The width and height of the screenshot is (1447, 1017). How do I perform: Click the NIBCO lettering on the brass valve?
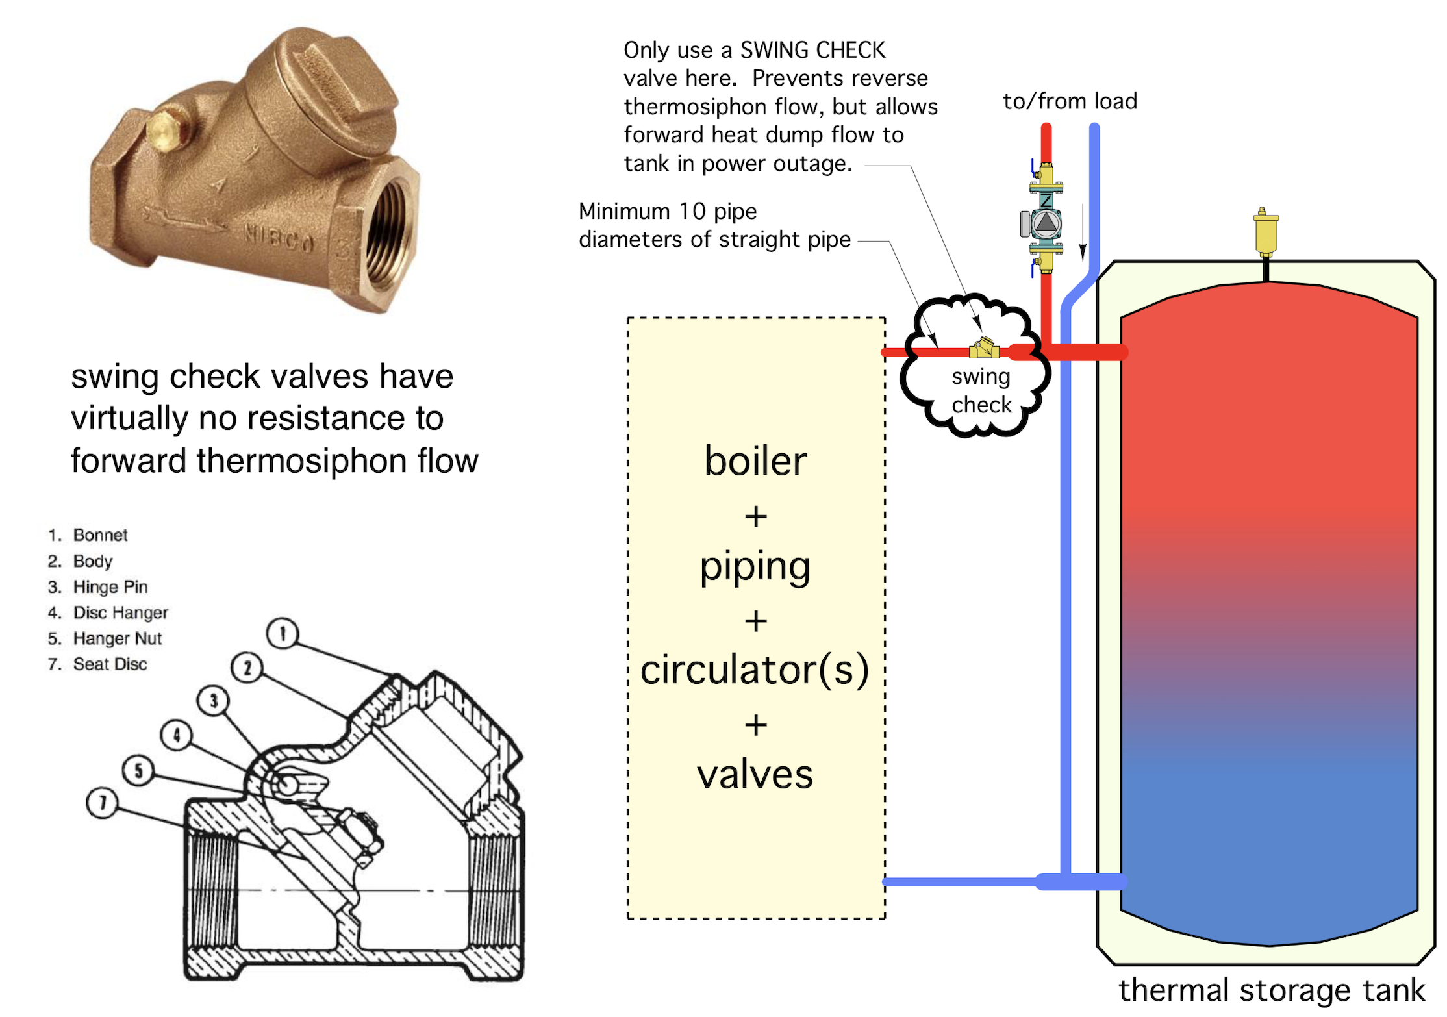pos(279,239)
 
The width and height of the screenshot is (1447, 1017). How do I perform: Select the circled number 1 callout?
pos(283,633)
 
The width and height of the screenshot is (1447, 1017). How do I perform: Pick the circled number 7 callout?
pos(102,803)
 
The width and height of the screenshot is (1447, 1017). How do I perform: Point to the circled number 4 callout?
pos(177,734)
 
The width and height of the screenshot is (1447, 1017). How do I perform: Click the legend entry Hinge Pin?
pos(110,587)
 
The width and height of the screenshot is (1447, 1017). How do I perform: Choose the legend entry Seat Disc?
pos(110,664)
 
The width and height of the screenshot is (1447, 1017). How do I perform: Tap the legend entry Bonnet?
pos(100,535)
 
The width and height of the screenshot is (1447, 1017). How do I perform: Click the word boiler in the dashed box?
pos(755,461)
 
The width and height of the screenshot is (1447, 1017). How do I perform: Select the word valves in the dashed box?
pos(755,774)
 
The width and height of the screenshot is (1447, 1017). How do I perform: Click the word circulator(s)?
pos(755,670)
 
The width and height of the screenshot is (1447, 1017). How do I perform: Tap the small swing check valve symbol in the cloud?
pos(985,349)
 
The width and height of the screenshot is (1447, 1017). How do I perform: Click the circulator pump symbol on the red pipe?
pos(1046,224)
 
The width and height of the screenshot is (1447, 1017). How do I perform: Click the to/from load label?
pos(1070,101)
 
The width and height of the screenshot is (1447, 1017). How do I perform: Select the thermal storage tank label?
pos(1271,990)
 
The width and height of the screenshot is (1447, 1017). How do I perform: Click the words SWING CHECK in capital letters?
pos(812,50)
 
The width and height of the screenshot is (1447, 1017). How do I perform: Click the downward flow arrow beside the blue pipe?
pos(1083,234)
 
